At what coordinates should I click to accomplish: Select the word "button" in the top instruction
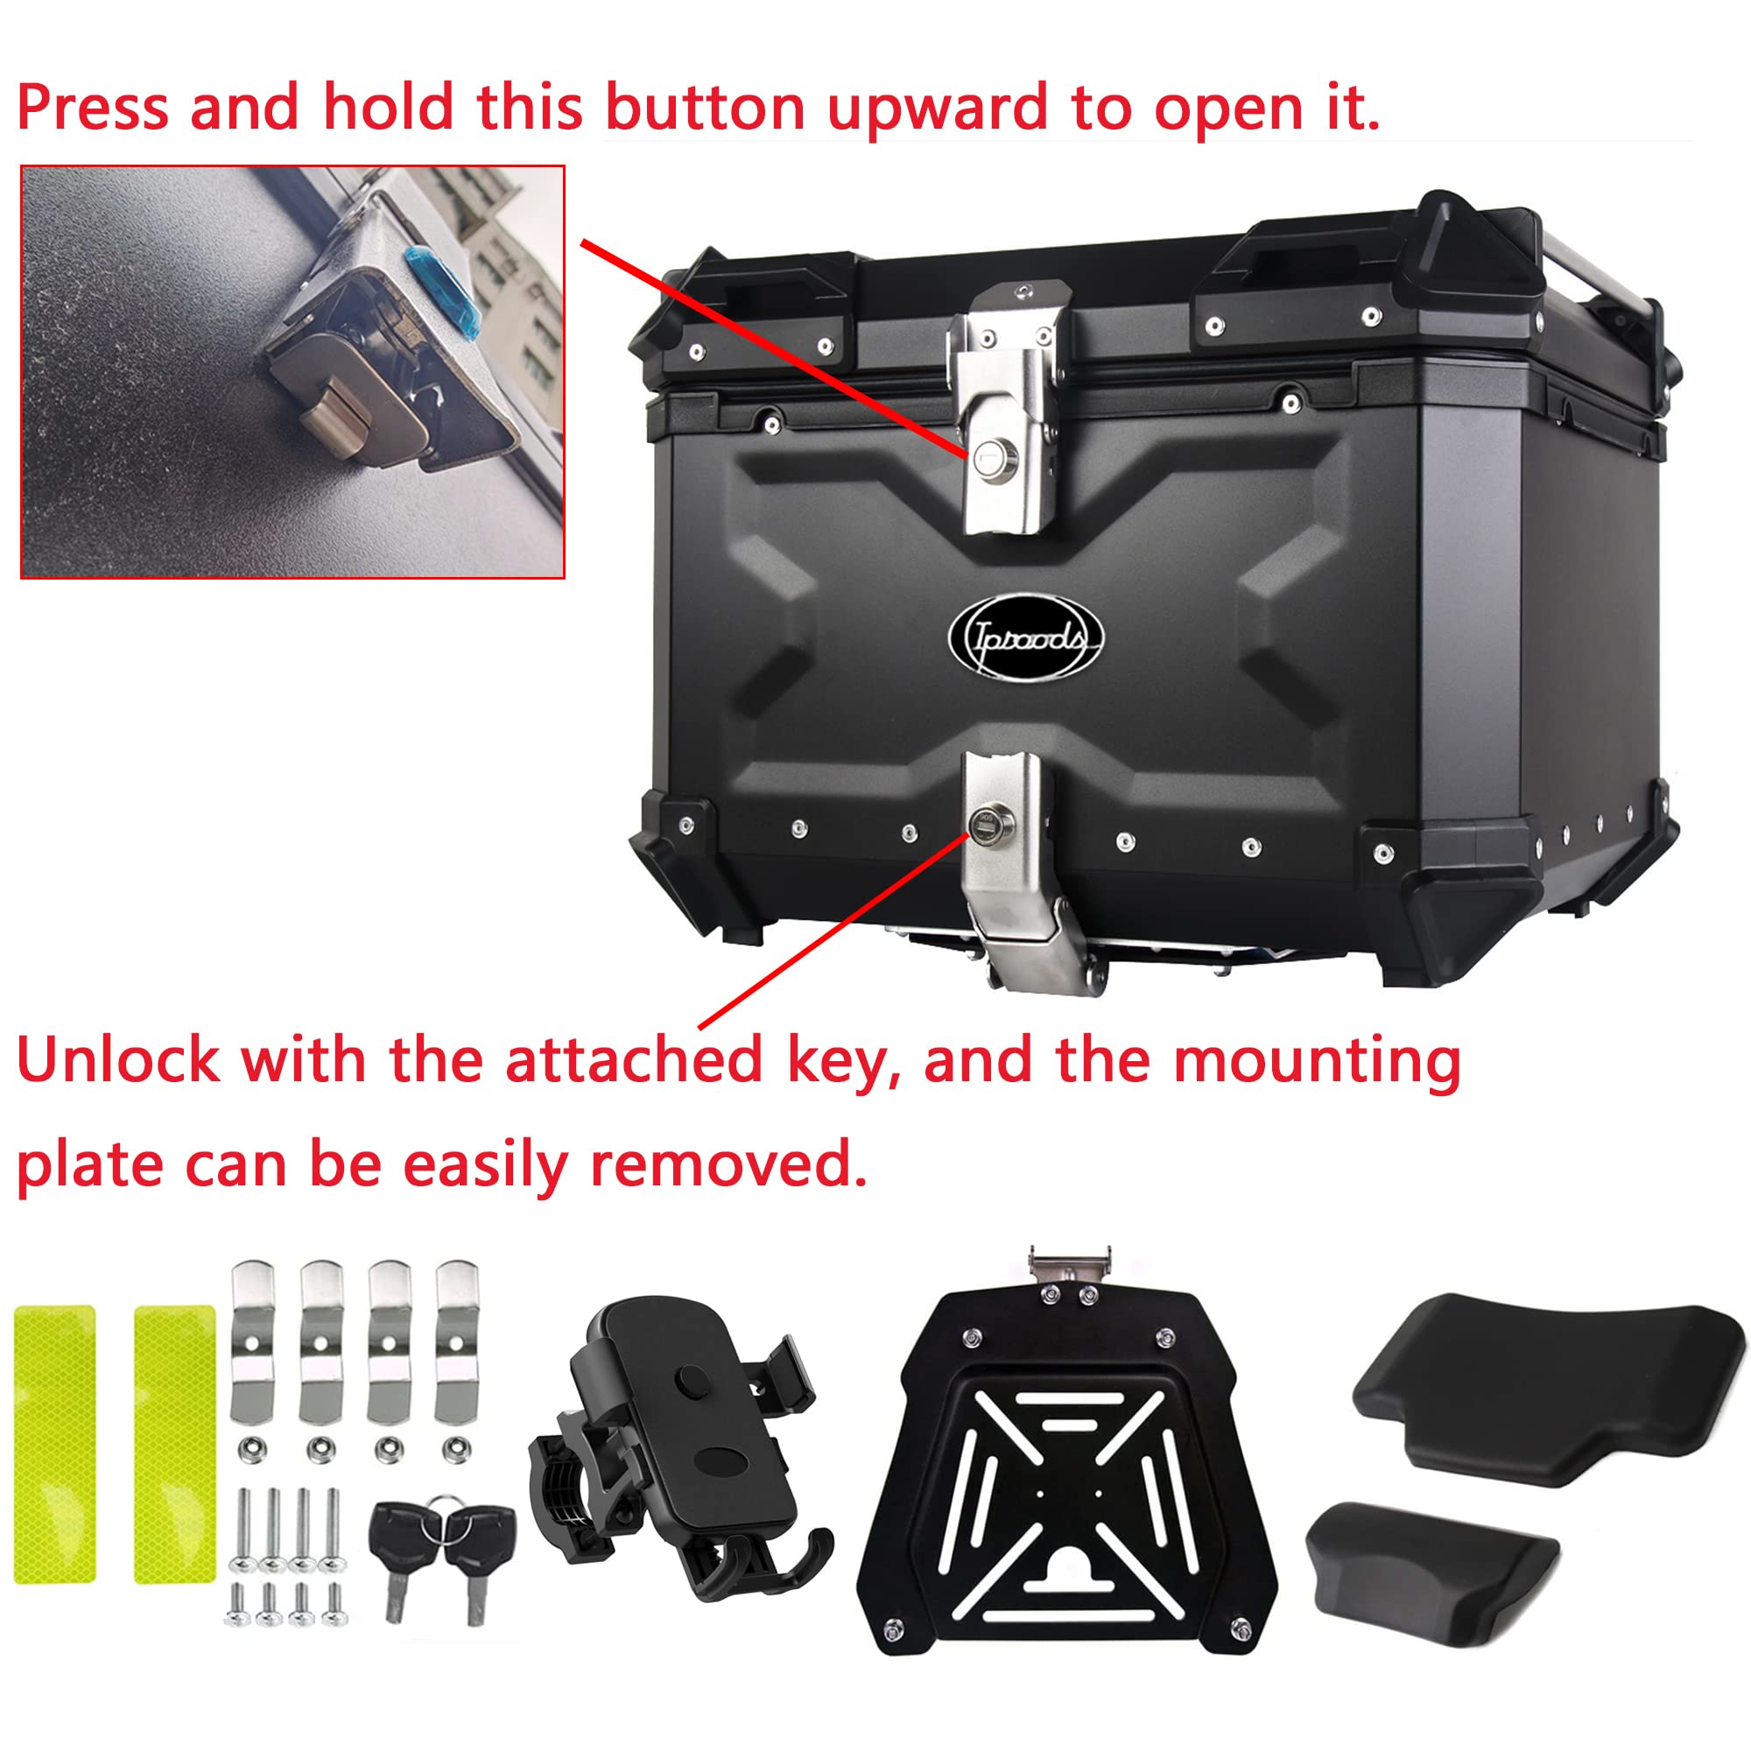(704, 108)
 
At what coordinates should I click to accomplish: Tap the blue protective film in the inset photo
(445, 291)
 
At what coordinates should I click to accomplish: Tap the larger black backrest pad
(1541, 1387)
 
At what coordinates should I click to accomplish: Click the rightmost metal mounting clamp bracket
(455, 1341)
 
